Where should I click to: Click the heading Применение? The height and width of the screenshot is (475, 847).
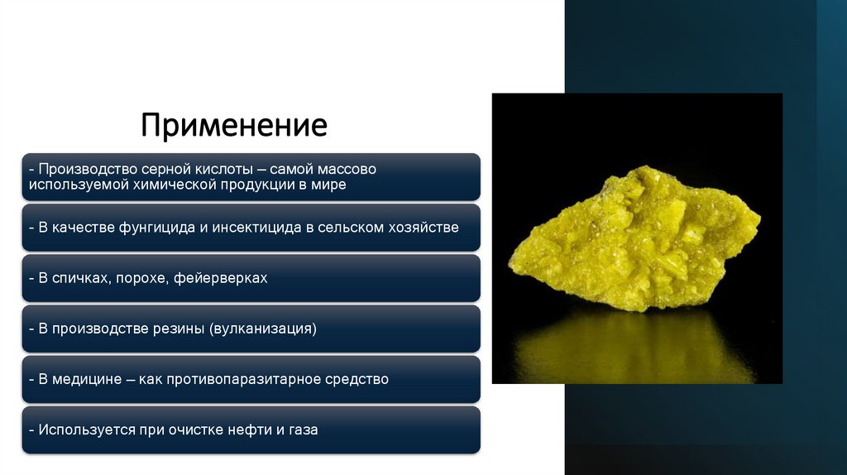233,125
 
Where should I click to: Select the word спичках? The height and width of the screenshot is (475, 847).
80,278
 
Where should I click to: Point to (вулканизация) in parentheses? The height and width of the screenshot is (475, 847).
263,329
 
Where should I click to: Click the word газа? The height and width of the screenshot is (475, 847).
303,429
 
